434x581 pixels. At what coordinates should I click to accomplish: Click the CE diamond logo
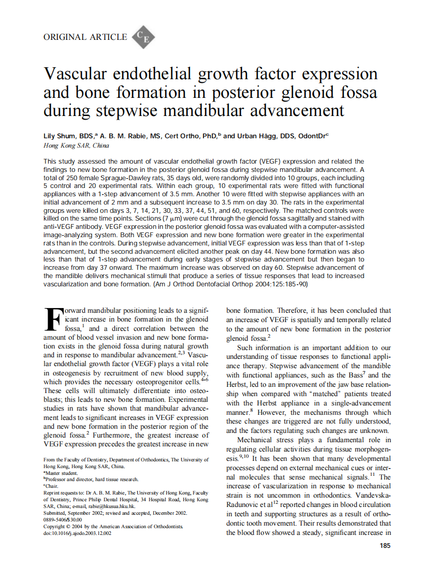coord(143,37)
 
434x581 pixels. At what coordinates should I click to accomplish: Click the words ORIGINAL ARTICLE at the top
coord(85,37)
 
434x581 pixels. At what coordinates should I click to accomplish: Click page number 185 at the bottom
coord(385,545)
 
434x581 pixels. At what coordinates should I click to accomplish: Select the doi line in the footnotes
coord(77,533)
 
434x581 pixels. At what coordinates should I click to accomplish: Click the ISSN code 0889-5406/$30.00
coord(63,519)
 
